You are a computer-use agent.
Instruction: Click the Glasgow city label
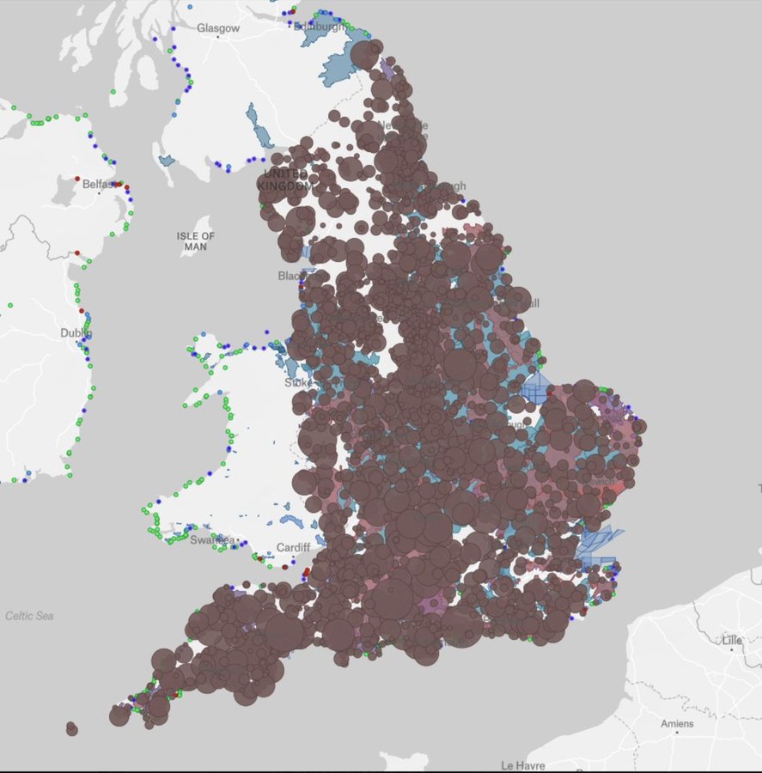218,28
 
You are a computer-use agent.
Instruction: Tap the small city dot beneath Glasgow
219,40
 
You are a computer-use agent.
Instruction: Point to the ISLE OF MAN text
196,241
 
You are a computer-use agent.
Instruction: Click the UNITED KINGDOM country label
285,180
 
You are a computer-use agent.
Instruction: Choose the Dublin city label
75,333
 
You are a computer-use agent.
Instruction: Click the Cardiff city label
292,548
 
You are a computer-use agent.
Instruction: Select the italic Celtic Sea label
29,616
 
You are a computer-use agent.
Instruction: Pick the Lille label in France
731,641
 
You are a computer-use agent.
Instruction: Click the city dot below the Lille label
731,651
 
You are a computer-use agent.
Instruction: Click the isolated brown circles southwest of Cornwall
71,728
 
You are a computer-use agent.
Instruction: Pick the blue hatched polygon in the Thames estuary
597,546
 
